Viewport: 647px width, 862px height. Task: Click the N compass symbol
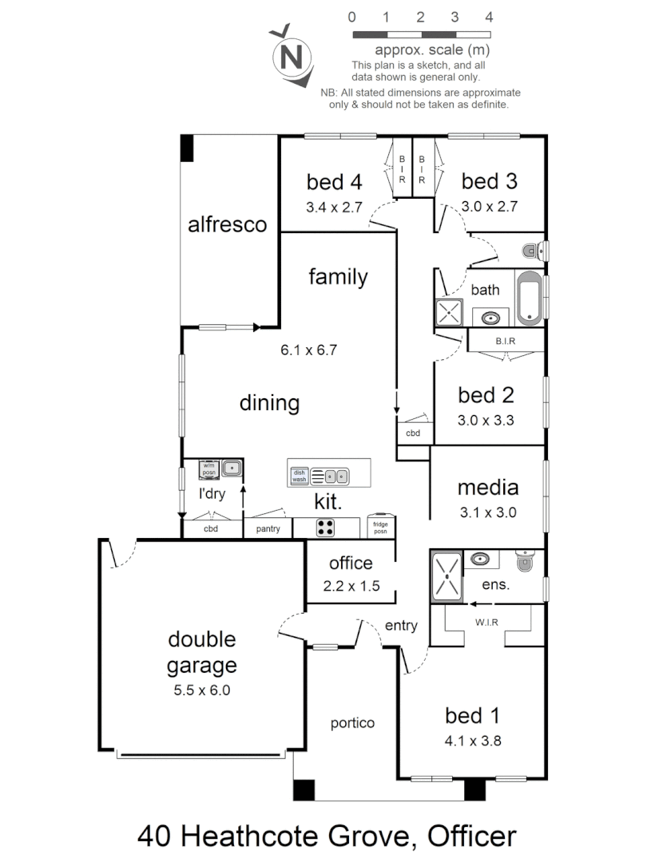[292, 57]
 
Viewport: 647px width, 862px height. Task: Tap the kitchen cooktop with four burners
[327, 528]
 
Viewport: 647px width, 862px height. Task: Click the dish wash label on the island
[300, 476]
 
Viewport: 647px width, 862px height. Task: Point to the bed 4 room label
[334, 181]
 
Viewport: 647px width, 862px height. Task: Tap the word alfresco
[227, 224]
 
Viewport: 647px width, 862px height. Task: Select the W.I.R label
[487, 623]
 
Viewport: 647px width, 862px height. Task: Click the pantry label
[268, 528]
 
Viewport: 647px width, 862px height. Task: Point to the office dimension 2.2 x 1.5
[351, 585]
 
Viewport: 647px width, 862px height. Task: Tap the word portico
[353, 723]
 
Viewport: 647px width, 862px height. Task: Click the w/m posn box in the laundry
[209, 469]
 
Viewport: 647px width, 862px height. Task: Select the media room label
[487, 487]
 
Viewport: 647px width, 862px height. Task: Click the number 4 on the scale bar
[489, 16]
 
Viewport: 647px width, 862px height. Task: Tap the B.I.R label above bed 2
[505, 341]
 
